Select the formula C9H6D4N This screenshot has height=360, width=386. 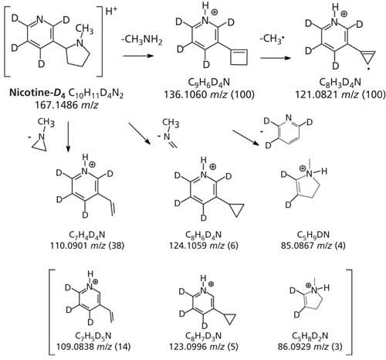(x=209, y=83)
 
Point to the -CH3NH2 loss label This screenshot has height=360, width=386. (x=142, y=40)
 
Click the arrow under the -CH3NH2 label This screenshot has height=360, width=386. (x=138, y=56)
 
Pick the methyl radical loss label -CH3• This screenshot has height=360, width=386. (x=272, y=39)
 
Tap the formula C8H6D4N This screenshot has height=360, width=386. (x=203, y=235)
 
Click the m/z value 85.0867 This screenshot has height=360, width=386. (x=297, y=246)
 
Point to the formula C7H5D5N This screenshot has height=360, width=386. (x=93, y=336)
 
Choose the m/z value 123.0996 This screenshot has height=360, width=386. (x=188, y=347)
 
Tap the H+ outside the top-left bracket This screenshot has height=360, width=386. (x=111, y=12)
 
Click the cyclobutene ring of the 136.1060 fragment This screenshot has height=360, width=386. (x=239, y=57)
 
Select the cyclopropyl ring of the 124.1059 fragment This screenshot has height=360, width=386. (x=236, y=209)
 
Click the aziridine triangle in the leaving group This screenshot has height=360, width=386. (x=39, y=144)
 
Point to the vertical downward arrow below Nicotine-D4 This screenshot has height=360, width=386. (x=68, y=137)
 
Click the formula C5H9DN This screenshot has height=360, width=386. (x=313, y=235)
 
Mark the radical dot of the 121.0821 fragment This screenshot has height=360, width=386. (x=369, y=69)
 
